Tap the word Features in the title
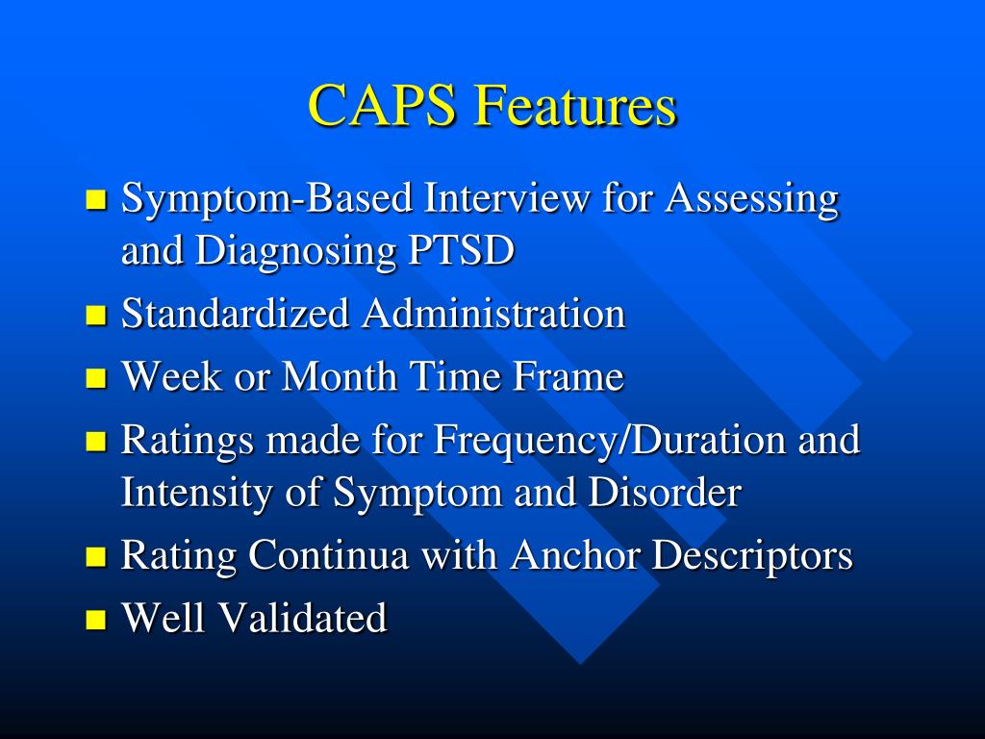coord(574,106)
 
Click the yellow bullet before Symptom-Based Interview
coord(95,200)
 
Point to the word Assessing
coord(752,199)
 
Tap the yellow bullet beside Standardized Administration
coord(95,315)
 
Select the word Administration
coord(493,314)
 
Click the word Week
coord(171,376)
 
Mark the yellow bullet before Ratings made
coord(95,442)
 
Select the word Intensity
coord(199,493)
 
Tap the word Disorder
coord(665,493)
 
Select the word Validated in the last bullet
coord(303,618)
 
